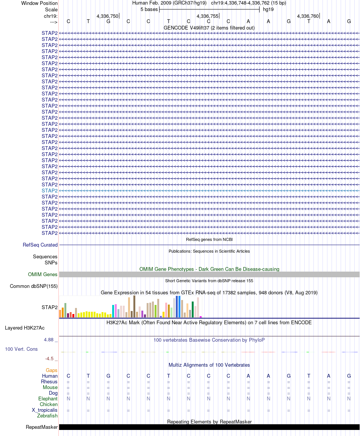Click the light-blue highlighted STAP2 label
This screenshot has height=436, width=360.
click(50, 191)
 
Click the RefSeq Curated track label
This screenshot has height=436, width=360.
click(40, 245)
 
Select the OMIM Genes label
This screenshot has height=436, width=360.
click(43, 275)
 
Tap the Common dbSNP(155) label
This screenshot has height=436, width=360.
click(34, 286)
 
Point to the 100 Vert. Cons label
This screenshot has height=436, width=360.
click(21, 349)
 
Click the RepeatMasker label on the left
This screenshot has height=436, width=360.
click(42, 427)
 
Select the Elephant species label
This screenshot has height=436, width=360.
click(48, 399)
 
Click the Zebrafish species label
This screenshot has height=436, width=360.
click(47, 416)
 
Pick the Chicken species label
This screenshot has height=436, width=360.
click(49, 405)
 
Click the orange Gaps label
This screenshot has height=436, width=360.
click(52, 370)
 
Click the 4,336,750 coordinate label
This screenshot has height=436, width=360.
click(107, 16)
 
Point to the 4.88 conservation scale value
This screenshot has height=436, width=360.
click(49, 340)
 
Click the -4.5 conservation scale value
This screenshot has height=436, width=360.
click(49, 359)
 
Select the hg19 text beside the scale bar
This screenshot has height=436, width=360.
click(268, 9)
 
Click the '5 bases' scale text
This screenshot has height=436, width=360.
click(149, 9)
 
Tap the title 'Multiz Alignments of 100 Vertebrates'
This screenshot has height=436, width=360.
click(209, 365)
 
